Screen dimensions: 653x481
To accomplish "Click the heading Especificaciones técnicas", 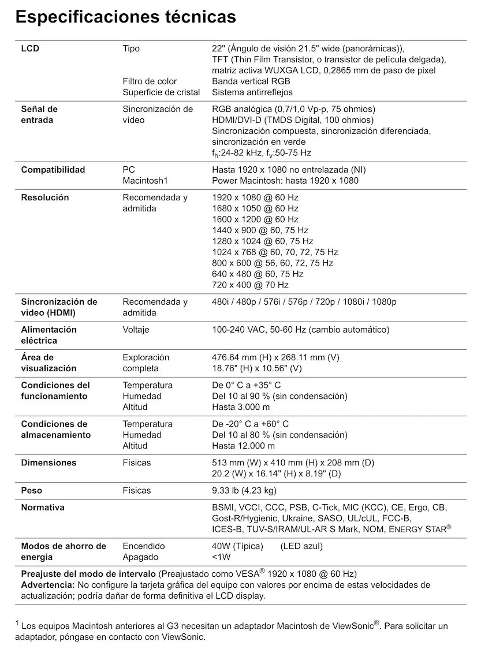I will pos(125,17).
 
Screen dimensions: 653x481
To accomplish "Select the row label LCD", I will pos(30,48).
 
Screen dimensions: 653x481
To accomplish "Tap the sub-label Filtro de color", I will pos(150,81).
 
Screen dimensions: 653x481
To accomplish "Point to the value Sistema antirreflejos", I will pos(252,92).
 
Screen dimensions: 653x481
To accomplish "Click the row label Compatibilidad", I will pos(53,170).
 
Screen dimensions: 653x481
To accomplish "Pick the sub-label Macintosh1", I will pos(145,181).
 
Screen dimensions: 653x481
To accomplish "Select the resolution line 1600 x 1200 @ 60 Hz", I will pos(255,219).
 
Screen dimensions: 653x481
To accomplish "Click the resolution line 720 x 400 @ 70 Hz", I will pos(250,285).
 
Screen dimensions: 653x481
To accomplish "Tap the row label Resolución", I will pos(45,197).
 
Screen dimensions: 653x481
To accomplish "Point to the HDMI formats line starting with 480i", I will pos(304,302).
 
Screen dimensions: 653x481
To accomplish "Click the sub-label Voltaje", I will pos(136,330).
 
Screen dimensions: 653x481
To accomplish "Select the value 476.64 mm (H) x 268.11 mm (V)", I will pos(275,357).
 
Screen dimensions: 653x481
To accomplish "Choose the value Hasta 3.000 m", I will pos(241,407).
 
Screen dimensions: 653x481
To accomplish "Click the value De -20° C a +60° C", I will pos(251,424).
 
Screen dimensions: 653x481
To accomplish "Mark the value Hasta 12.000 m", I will pos(243,446).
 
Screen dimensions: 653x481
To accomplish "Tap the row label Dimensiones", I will pos(49,462).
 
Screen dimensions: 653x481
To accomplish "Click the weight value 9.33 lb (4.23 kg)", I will pos(244,491).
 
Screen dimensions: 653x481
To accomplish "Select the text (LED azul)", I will pos(301,546).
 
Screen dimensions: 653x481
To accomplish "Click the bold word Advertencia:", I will pos(47,585).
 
